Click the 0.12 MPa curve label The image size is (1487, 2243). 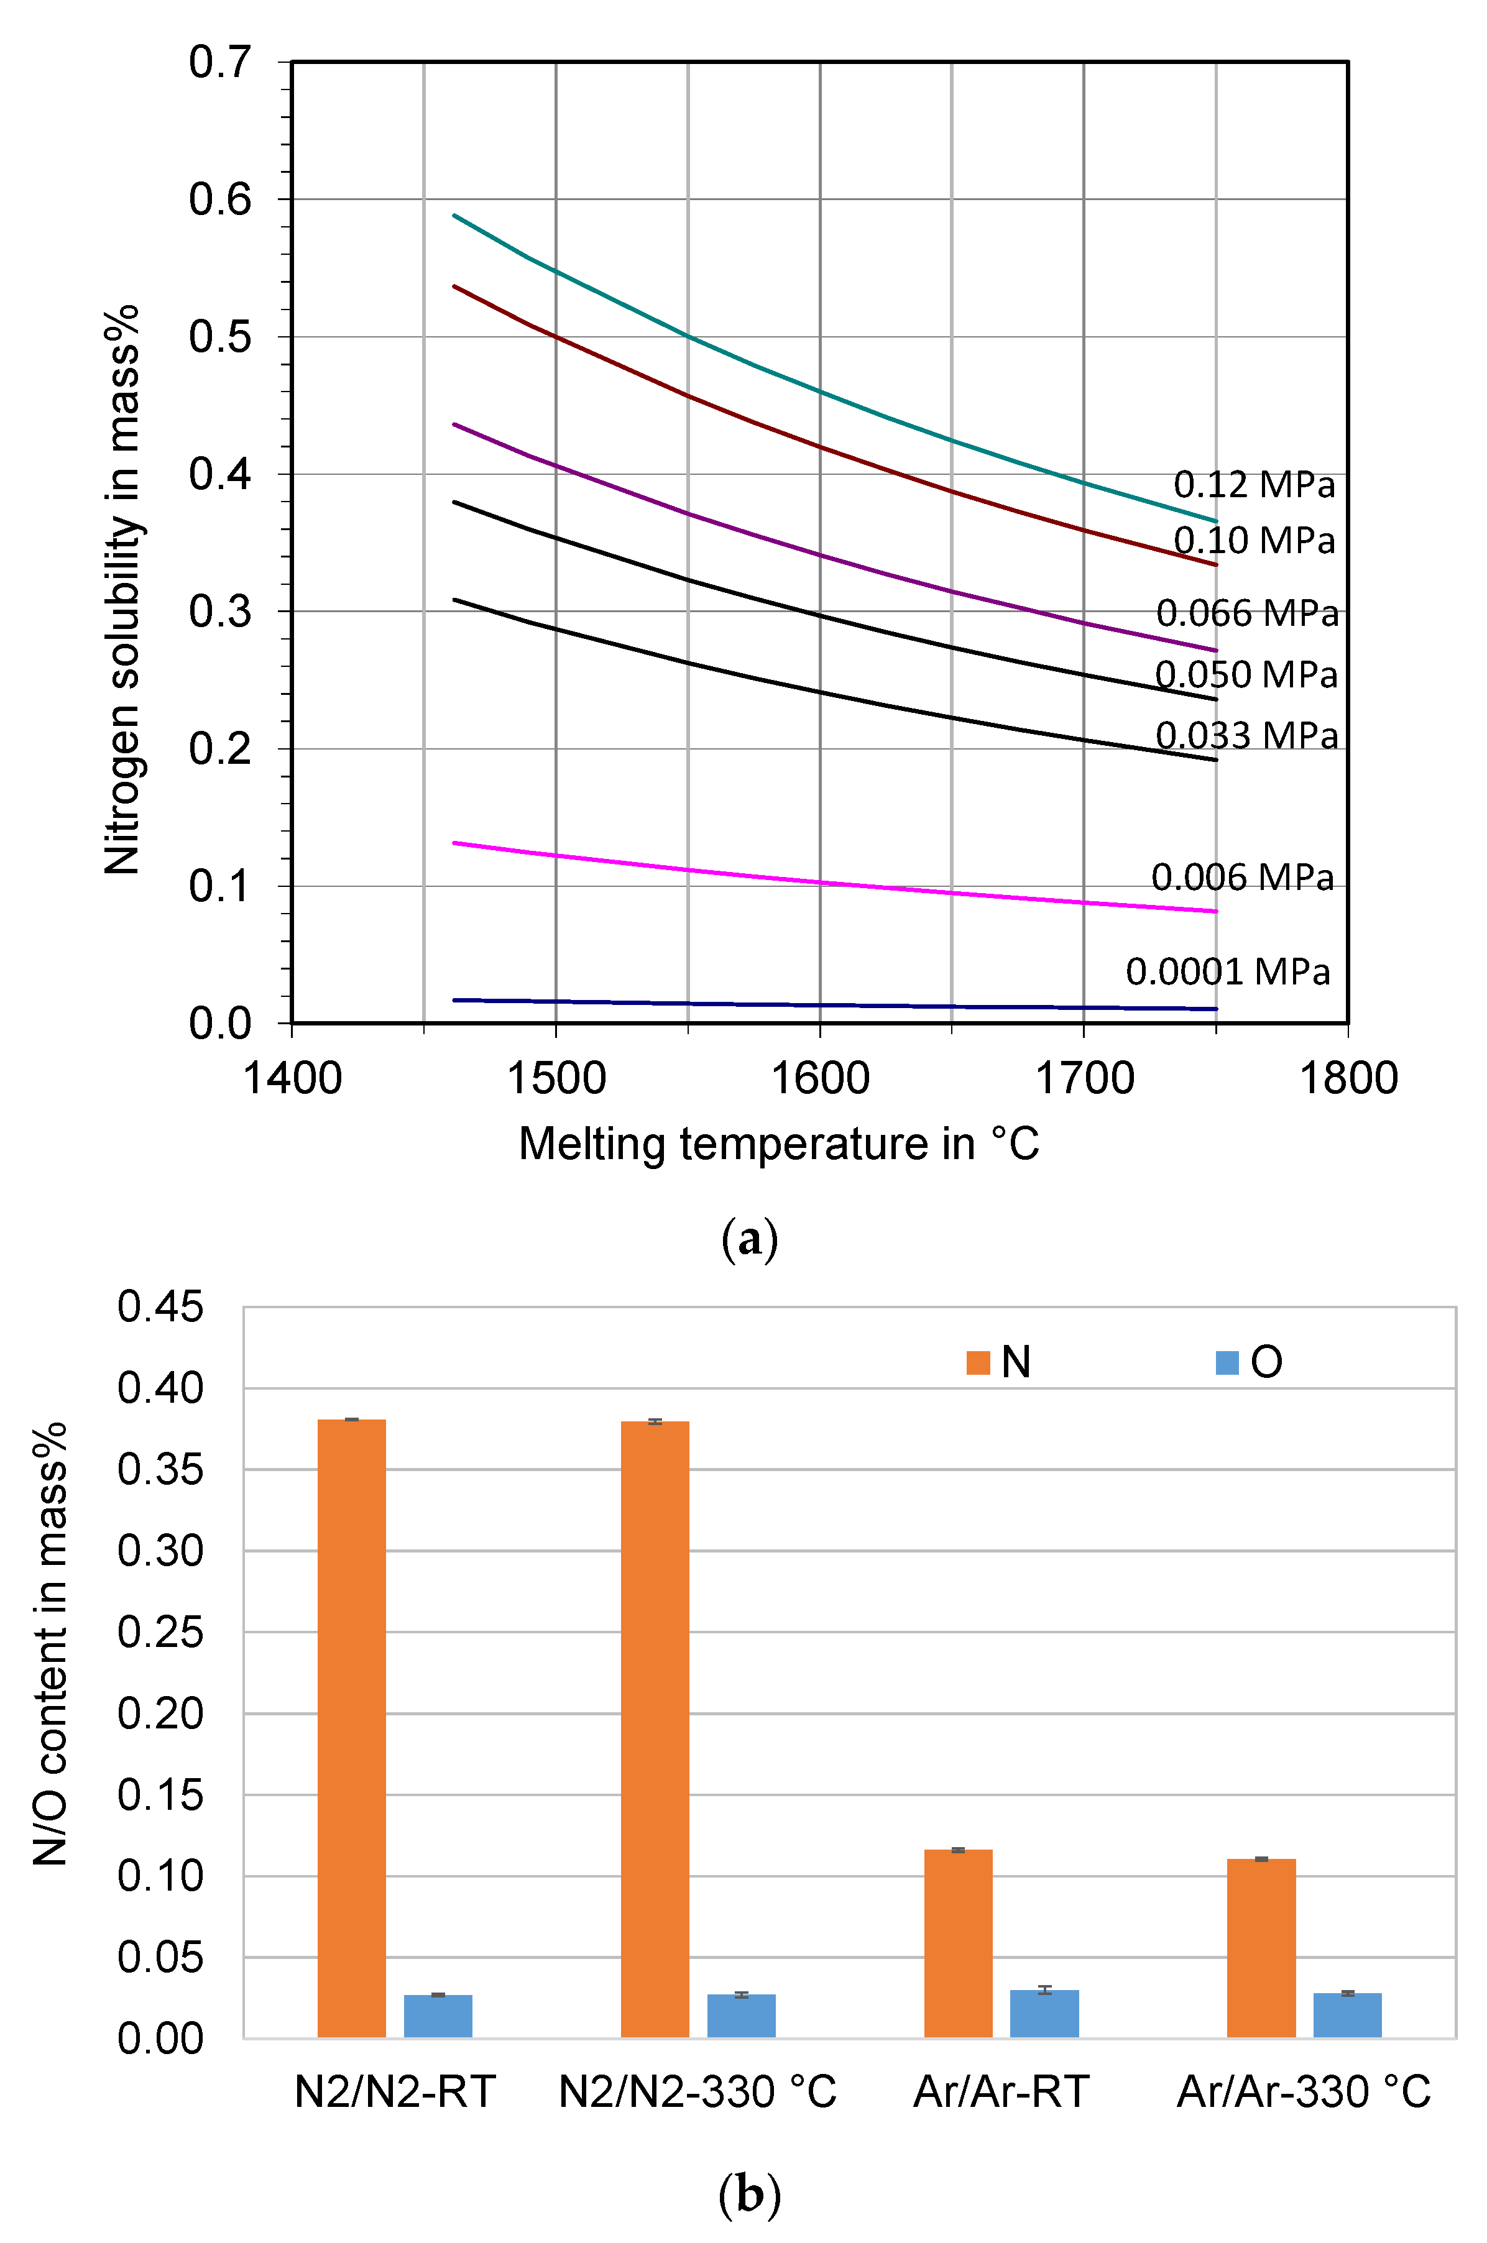click(1254, 484)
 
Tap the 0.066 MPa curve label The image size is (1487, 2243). click(1246, 613)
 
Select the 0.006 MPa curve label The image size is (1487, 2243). click(1242, 877)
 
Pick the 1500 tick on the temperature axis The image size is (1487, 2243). click(556, 1079)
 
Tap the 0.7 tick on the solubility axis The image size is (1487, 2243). click(220, 63)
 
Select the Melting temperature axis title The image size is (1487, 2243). click(778, 1144)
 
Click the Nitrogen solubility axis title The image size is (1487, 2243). click(123, 590)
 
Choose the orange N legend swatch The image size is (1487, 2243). click(978, 1362)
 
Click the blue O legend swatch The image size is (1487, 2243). click(1227, 1362)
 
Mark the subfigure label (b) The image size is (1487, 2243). click(749, 2195)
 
